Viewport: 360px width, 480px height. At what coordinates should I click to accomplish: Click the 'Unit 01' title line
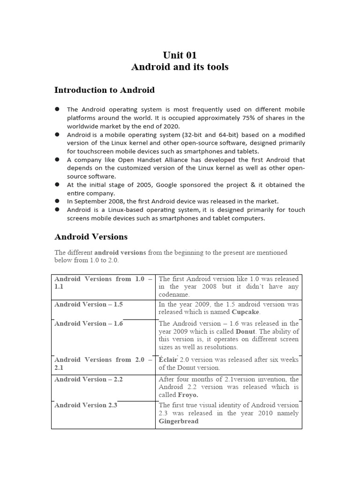(x=180, y=55)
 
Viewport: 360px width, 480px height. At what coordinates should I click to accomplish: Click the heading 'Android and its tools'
(x=180, y=67)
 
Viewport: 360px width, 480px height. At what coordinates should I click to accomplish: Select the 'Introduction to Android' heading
(x=105, y=90)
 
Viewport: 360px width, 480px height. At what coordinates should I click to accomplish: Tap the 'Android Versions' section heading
(x=91, y=237)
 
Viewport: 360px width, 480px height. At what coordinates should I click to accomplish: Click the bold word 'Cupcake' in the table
(x=245, y=312)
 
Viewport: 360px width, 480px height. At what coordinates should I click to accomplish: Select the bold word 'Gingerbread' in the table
(x=179, y=421)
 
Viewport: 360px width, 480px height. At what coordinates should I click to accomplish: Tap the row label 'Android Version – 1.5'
(x=89, y=304)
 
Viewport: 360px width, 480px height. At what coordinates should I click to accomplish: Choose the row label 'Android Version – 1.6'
(x=89, y=323)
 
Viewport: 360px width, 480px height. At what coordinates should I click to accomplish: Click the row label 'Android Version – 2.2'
(x=89, y=379)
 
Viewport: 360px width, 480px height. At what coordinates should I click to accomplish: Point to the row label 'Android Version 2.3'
(x=86, y=405)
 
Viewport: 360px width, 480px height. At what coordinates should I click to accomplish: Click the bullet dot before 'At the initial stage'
(x=57, y=185)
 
